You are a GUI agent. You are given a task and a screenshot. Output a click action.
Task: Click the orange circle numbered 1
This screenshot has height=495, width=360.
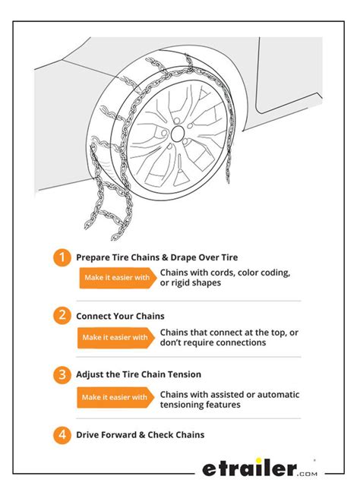coord(62,257)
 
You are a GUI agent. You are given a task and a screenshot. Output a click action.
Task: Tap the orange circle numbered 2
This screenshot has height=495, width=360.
coord(62,315)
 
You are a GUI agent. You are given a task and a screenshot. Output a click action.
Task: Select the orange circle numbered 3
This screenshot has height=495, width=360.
coord(62,375)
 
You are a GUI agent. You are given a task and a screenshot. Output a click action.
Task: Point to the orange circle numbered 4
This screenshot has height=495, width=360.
coord(62,435)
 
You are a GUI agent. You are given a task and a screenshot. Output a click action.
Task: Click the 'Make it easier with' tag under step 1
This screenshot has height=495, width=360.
coord(118,278)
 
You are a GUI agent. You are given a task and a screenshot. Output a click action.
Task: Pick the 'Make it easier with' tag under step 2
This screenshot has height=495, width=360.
coord(116,338)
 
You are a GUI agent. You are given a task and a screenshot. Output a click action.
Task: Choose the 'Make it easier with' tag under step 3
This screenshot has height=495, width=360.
coord(115,397)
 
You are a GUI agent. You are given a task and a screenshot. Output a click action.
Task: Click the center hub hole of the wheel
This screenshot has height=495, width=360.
coord(178,134)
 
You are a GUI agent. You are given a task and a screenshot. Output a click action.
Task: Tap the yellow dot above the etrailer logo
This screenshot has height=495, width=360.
coord(259,461)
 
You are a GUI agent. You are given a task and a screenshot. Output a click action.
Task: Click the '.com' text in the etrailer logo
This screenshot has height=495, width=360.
coord(307,474)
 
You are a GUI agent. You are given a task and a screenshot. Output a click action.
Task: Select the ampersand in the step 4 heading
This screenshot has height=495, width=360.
coord(142,435)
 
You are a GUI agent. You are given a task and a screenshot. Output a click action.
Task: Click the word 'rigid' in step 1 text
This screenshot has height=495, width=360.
coord(180,283)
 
